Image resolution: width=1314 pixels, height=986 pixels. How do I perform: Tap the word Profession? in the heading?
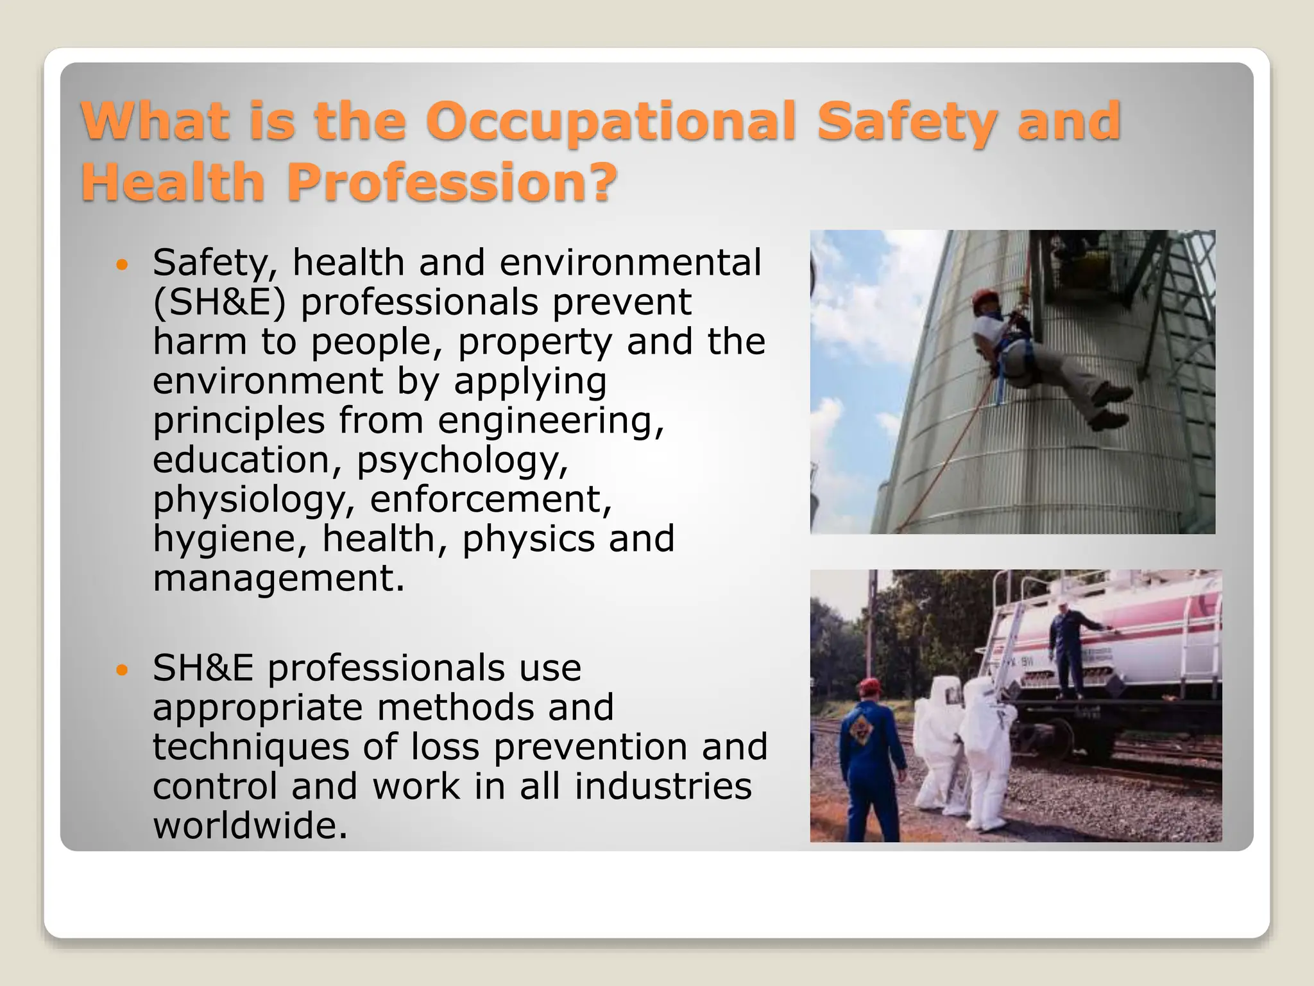451,182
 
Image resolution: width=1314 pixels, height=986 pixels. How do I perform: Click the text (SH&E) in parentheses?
219,302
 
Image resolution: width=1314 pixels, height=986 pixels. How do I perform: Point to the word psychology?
462,460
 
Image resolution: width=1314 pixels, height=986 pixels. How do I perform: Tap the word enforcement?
491,499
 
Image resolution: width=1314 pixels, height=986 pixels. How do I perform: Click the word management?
278,578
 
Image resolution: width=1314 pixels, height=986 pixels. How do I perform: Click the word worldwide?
250,825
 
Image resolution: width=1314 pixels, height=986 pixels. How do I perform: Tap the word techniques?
250,747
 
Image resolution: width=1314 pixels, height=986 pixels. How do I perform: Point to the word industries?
663,786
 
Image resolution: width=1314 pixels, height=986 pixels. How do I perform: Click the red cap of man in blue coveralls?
869,686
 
